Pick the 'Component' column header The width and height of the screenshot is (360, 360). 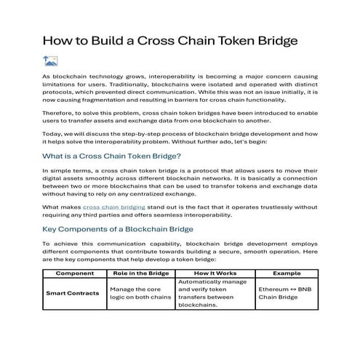pos(74,273)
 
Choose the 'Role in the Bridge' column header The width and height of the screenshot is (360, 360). pos(140,273)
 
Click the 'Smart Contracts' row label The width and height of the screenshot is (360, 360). pos(74,293)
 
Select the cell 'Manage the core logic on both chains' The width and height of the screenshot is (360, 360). pos(140,293)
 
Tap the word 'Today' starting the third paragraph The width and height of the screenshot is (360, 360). pos(52,134)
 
